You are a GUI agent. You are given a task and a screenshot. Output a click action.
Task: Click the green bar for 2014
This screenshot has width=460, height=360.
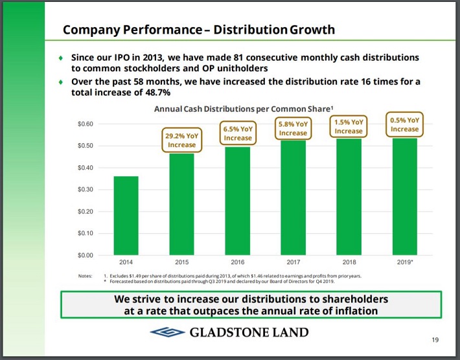tap(126, 215)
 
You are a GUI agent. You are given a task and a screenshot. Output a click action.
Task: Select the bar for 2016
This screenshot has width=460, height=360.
tap(237, 201)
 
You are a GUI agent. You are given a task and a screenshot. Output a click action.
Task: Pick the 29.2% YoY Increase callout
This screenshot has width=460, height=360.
tap(181, 141)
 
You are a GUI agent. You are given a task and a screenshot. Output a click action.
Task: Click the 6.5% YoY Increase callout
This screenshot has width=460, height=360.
tap(237, 133)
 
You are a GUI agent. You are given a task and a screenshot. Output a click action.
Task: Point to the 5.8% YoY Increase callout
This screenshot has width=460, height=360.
tap(293, 128)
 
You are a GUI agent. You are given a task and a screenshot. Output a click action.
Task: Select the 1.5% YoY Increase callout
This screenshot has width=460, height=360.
tap(349, 126)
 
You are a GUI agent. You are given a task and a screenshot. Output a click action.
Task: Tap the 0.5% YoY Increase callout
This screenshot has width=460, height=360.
tap(404, 124)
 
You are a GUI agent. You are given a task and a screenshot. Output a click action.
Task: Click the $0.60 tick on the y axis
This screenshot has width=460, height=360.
tap(86, 124)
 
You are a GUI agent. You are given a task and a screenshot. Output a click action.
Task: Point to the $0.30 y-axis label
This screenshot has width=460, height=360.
tap(86, 190)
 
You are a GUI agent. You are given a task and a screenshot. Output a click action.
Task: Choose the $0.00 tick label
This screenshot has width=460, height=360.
tap(86, 255)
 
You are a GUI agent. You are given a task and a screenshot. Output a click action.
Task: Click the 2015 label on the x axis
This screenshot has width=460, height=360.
tap(181, 263)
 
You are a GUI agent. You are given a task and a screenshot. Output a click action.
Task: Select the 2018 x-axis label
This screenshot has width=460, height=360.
tap(349, 263)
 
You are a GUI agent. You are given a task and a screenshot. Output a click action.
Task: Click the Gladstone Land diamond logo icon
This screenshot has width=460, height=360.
tap(167, 333)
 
